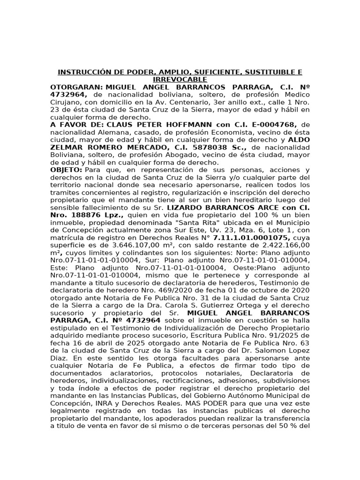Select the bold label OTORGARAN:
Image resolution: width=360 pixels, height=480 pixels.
point(76,87)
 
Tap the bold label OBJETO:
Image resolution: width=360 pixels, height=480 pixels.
point(66,170)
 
